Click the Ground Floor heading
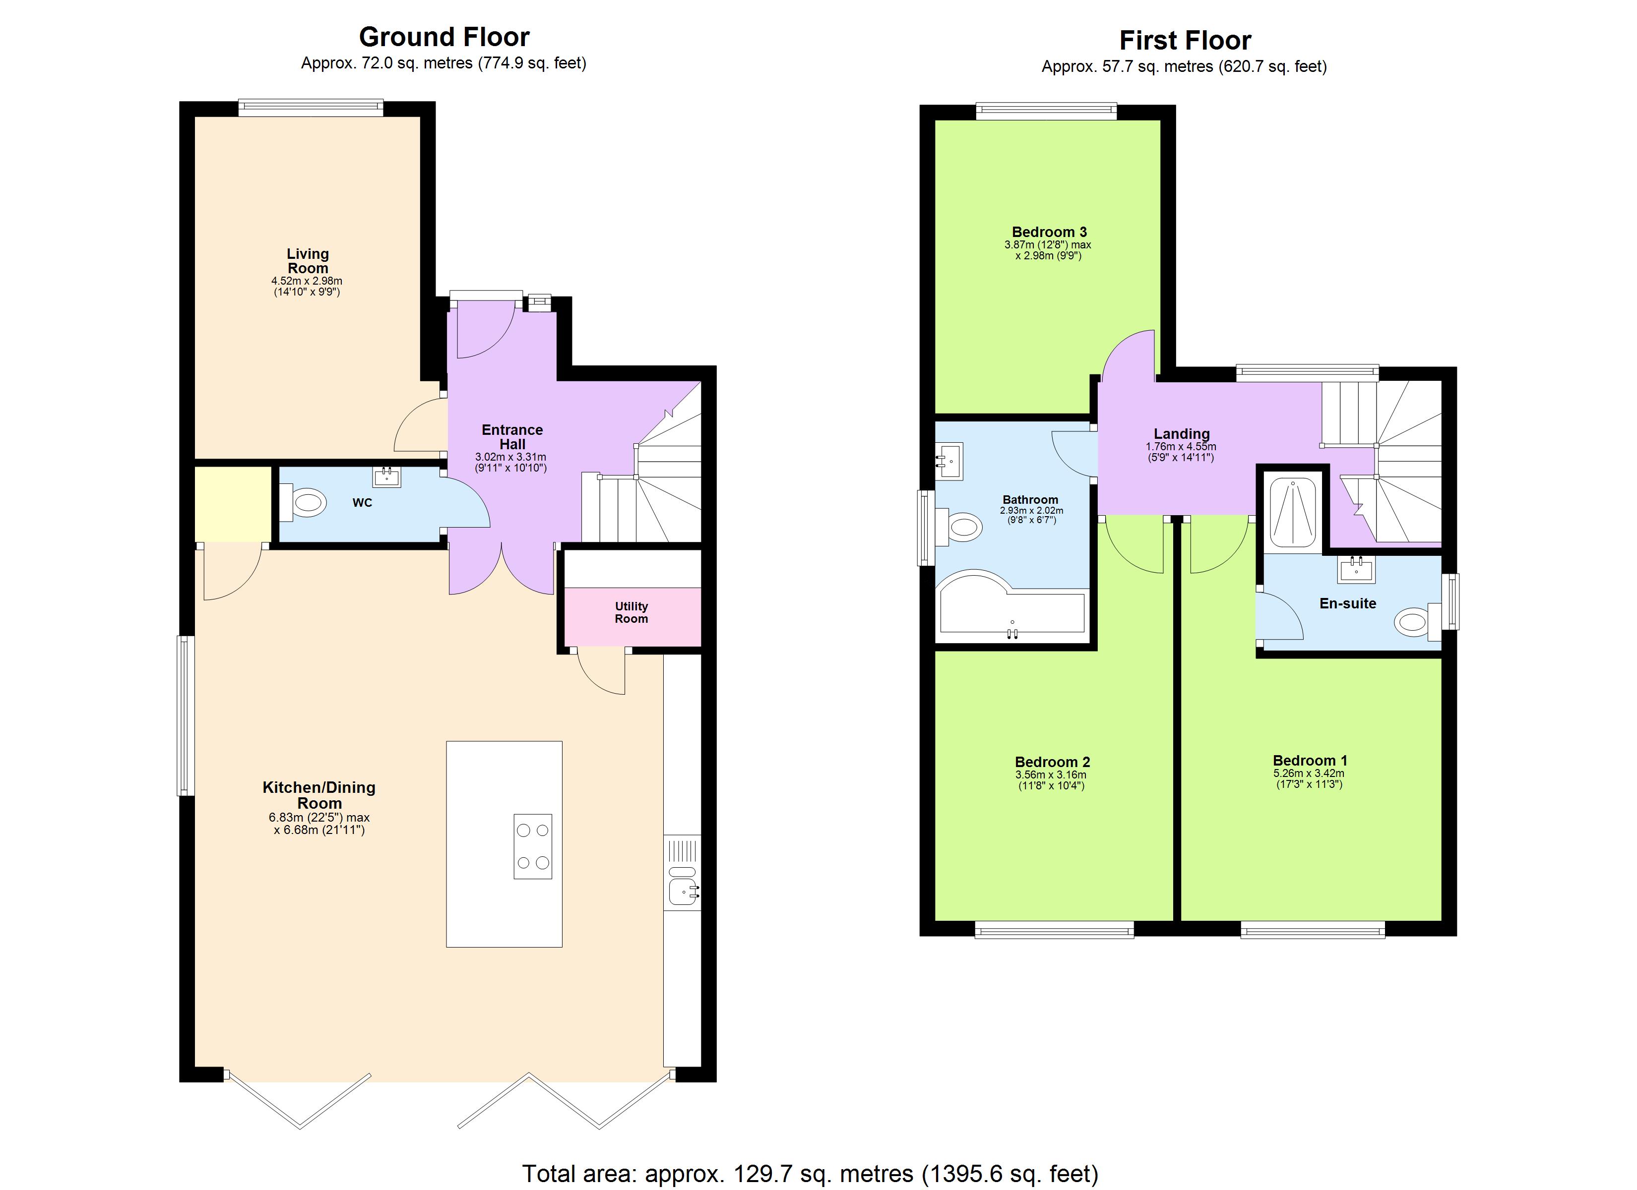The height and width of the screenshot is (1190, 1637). click(x=444, y=37)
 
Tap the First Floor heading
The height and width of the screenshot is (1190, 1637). click(x=1185, y=41)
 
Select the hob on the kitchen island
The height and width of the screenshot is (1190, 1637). click(x=533, y=846)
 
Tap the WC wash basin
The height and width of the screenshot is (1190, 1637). click(x=387, y=476)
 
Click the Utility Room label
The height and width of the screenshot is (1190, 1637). click(x=631, y=613)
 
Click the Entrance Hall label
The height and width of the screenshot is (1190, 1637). click(x=512, y=437)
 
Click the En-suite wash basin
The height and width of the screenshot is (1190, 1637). click(x=1356, y=569)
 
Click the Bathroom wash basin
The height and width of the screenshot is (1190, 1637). click(x=950, y=461)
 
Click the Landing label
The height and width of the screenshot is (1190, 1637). click(x=1182, y=434)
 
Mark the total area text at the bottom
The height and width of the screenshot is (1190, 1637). click(x=810, y=1174)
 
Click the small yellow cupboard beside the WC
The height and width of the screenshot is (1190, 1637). click(x=233, y=504)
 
